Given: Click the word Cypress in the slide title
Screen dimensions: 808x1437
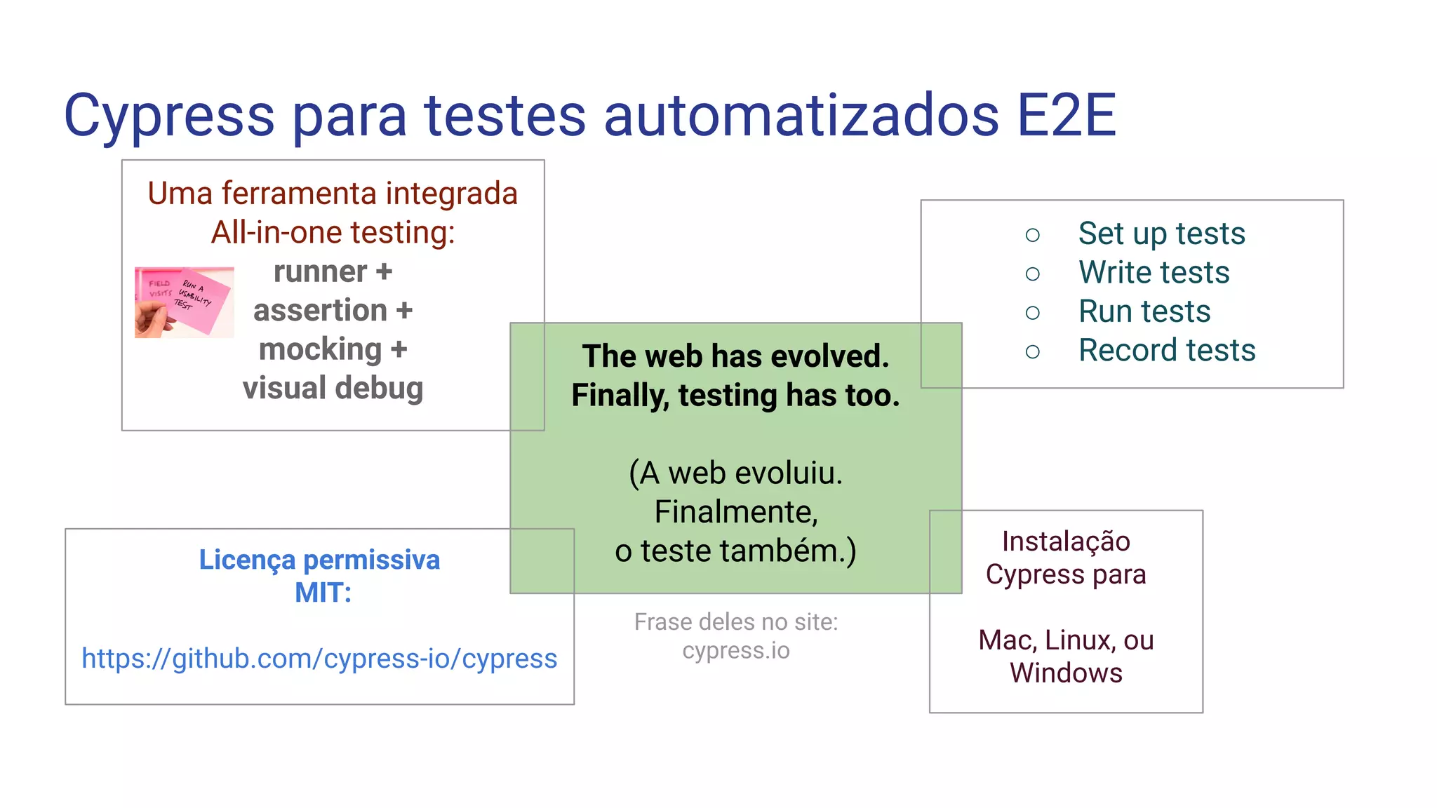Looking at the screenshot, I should coord(169,116).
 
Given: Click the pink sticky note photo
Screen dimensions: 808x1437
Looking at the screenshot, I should coord(185,302).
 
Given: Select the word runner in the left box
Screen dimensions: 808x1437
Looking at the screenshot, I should coord(320,271).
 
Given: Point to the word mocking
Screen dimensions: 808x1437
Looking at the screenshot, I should coord(320,349).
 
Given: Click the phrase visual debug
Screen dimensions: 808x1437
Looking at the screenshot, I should coord(333,388).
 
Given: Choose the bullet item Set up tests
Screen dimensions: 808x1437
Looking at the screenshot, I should coord(1161,234).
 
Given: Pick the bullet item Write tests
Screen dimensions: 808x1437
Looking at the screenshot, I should coord(1154,272).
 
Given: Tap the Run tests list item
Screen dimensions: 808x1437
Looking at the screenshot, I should coord(1144,311).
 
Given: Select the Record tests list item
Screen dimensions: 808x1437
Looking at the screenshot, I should coord(1167,350).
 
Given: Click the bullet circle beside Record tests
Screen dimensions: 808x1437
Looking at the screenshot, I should coord(1032,351).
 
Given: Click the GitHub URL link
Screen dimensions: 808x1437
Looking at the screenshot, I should coord(319,659).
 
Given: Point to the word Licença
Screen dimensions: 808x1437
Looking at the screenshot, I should coord(247,560).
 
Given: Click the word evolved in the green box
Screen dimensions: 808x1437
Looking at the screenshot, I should coord(830,356).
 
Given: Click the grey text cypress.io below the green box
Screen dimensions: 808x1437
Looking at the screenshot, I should coord(736,650).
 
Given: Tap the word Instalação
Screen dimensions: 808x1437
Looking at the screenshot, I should coord(1066,541).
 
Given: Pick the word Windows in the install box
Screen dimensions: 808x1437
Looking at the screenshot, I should coord(1066,673).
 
